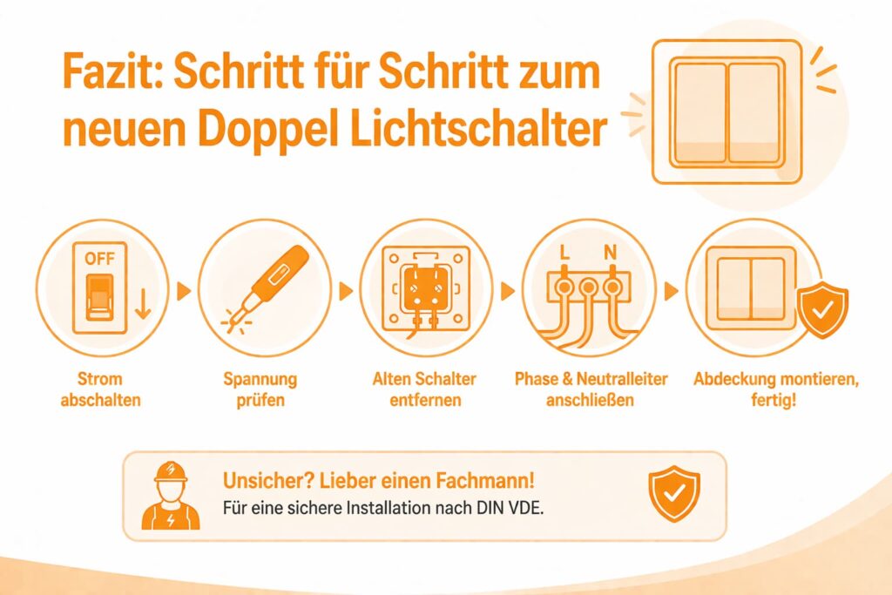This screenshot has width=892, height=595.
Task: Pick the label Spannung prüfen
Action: coord(260,389)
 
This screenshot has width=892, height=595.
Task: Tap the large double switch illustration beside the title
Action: coord(726,112)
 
